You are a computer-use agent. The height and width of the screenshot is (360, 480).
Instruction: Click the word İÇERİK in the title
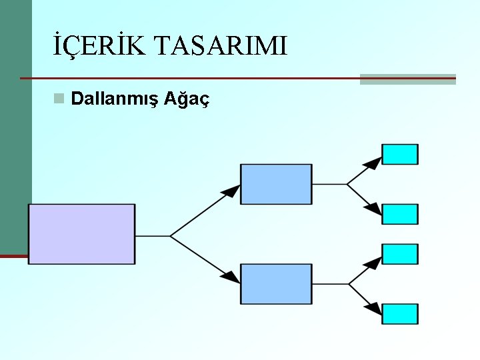(x=100, y=47)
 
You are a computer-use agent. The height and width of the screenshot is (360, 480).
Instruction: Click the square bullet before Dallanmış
(x=59, y=99)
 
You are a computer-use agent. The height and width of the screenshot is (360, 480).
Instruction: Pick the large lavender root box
(x=81, y=233)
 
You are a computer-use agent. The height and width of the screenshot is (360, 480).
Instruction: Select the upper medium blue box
(x=276, y=184)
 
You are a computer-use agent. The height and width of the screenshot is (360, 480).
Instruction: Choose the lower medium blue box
(x=276, y=284)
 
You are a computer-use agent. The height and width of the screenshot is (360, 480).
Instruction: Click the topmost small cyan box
(x=400, y=154)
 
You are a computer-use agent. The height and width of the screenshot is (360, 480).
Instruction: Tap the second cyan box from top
(x=400, y=214)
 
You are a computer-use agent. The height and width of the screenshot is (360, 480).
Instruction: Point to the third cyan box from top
(x=400, y=254)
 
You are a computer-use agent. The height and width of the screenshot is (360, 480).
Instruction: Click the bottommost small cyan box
(x=400, y=314)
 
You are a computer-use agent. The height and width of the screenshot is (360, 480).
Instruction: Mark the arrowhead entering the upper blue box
(x=231, y=191)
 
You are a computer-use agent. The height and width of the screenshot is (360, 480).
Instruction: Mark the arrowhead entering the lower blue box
(x=231, y=276)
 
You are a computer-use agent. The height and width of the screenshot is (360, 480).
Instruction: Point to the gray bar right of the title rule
(x=408, y=79)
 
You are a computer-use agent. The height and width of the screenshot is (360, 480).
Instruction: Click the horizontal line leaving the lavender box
(x=153, y=235)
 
